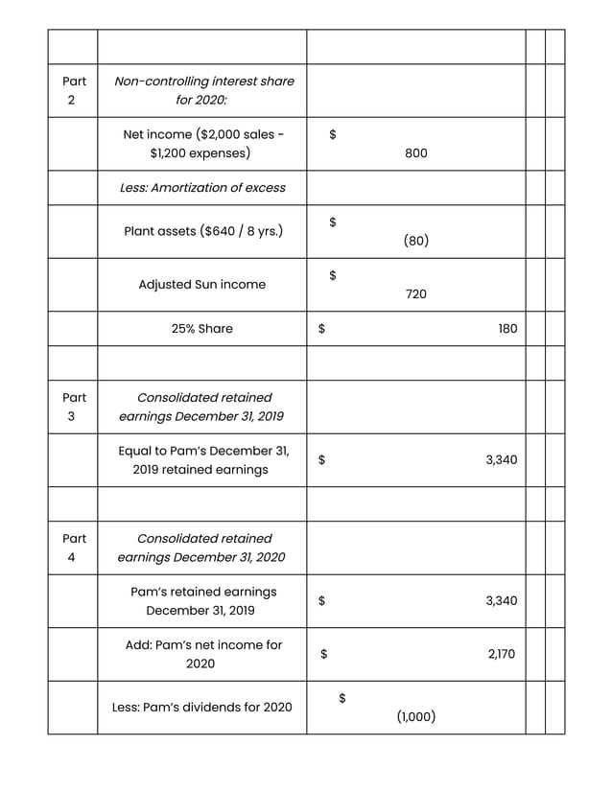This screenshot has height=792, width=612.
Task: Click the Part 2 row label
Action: tap(73, 91)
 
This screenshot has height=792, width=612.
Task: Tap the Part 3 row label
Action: tap(73, 407)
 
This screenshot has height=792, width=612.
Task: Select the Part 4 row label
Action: tap(73, 547)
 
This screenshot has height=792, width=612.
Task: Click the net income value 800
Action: tap(415, 153)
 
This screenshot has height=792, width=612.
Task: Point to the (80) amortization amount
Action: tap(415, 241)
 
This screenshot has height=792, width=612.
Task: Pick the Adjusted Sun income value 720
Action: tap(415, 294)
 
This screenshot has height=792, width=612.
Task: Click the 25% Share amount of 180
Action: tap(507, 329)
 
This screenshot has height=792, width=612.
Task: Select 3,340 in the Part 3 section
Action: tap(501, 460)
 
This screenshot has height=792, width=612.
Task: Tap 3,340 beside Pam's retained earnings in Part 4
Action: tap(501, 601)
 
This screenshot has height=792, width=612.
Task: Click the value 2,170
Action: tap(501, 655)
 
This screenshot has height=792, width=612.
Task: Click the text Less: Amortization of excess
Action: tap(202, 188)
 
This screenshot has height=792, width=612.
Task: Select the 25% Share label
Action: tap(202, 329)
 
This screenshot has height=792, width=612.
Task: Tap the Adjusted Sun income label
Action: tap(202, 285)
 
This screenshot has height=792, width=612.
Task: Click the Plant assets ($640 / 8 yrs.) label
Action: tap(202, 231)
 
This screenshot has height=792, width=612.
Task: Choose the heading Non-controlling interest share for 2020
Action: tap(203, 91)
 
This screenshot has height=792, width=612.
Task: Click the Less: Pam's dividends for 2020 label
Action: tap(202, 708)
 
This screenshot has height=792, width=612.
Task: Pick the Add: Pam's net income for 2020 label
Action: tap(203, 654)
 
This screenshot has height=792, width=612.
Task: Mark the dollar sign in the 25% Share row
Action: tap(322, 329)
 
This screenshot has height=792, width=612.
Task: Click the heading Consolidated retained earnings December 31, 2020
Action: tap(202, 547)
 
